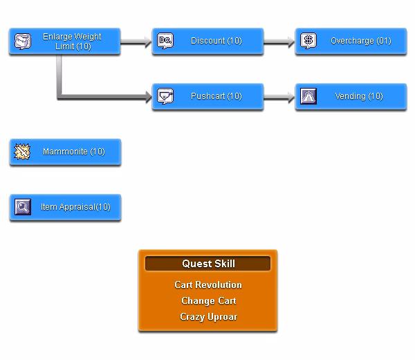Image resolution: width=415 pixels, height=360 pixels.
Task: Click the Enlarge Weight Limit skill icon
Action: [x=23, y=42]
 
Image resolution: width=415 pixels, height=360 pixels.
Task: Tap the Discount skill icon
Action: [x=165, y=41]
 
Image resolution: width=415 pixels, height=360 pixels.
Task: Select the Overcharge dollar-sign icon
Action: [x=308, y=41]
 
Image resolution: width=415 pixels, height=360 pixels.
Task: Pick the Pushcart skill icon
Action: [x=165, y=96]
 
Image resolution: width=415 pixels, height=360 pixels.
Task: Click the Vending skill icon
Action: [x=308, y=96]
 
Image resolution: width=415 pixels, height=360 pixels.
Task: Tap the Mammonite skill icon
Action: [x=22, y=152]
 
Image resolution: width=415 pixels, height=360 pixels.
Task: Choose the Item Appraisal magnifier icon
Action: [x=23, y=207]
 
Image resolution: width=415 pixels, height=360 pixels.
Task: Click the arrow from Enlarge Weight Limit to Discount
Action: [x=136, y=42]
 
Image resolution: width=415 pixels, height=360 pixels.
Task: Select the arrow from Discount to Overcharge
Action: [x=279, y=42]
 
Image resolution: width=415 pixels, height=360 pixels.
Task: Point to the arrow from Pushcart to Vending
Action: [x=279, y=97]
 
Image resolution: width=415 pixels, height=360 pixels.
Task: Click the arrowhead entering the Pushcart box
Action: [x=148, y=97]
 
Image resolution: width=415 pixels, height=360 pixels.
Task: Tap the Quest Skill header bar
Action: [x=207, y=264]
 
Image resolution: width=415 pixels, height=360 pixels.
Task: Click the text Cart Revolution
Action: [x=208, y=285]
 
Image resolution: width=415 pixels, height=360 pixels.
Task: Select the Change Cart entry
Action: [x=209, y=301]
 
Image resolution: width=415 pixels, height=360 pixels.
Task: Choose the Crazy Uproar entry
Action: [x=209, y=317]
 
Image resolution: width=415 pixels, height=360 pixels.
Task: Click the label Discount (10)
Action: [x=216, y=41]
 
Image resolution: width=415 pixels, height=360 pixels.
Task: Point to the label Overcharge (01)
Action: [x=361, y=41]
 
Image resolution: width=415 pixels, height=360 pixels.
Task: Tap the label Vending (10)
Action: [x=359, y=96]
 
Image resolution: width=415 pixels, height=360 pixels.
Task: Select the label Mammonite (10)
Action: [x=74, y=152]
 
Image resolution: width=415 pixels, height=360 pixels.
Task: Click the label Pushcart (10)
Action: [x=216, y=96]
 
